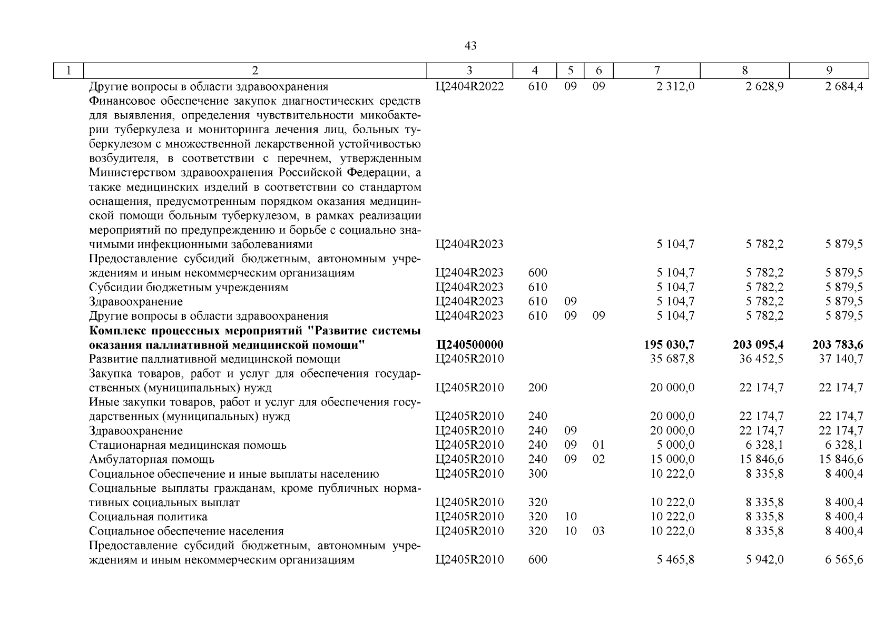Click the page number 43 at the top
point(470,46)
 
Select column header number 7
point(657,71)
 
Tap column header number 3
point(469,71)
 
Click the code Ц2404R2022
point(469,86)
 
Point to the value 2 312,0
point(675,86)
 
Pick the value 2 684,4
point(844,86)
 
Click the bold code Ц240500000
point(469,345)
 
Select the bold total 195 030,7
point(669,345)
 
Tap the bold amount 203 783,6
point(838,345)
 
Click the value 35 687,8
point(672,359)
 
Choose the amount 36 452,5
point(761,359)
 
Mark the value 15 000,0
point(672,459)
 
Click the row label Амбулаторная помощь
point(152,459)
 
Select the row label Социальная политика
point(148,517)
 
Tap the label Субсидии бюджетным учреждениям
point(189,288)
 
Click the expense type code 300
point(537,473)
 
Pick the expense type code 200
point(537,388)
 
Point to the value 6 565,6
point(844,560)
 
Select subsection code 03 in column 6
point(598,531)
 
